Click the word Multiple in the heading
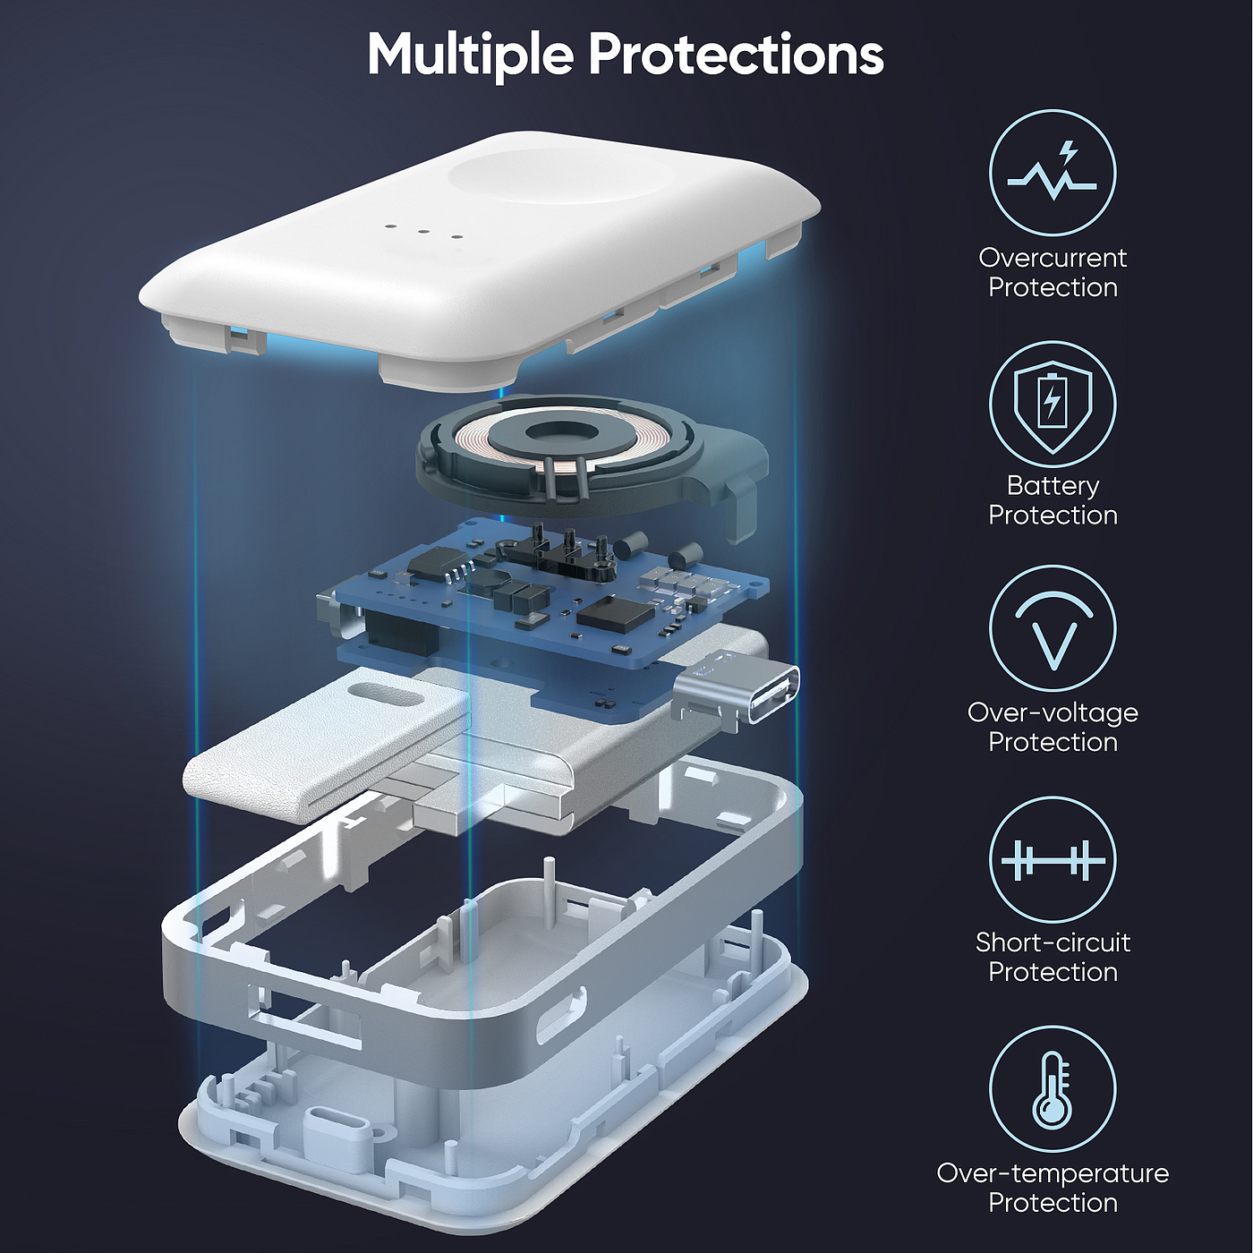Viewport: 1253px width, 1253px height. (x=470, y=55)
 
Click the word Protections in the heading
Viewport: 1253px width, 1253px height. (x=736, y=54)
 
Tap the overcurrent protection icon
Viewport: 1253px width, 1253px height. (x=1053, y=173)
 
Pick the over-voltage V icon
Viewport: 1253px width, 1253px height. (x=1053, y=629)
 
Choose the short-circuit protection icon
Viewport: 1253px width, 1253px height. (x=1053, y=859)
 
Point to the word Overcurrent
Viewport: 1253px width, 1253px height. (x=1053, y=258)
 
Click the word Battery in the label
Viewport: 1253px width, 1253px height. (x=1053, y=486)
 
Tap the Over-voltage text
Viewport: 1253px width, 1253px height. (x=1053, y=713)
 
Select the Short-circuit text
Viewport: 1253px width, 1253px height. (x=1053, y=942)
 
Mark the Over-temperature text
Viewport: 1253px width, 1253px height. (x=1053, y=1173)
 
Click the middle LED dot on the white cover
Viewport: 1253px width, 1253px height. (x=423, y=231)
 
